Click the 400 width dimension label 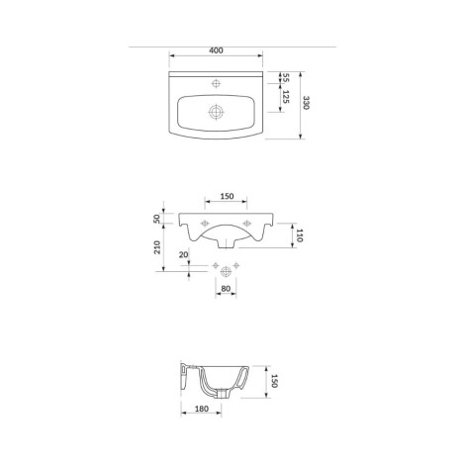(216, 50)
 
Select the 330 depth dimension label (307, 103)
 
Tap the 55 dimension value (286, 78)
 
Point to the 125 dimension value (286, 97)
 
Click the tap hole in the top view (216, 84)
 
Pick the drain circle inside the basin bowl (216, 112)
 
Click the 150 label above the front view (227, 196)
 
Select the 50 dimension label (157, 219)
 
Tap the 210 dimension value (157, 247)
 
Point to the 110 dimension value (300, 235)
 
